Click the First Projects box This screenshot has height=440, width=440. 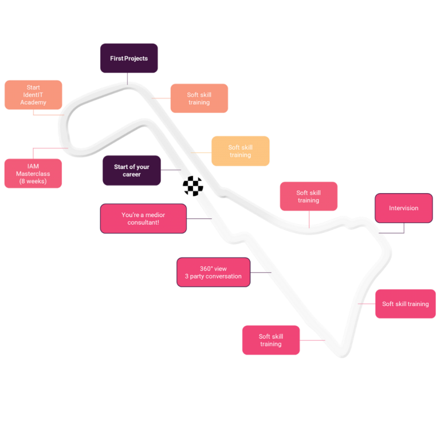tap(129, 58)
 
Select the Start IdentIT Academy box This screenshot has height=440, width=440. tap(33, 95)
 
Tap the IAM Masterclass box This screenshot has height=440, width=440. tap(33, 173)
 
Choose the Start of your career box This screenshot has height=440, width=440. tap(131, 170)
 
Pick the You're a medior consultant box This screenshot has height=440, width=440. tap(143, 218)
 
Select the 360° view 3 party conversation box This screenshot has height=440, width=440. tap(213, 272)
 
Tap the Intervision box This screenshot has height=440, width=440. tap(403, 208)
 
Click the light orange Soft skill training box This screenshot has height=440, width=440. tap(241, 151)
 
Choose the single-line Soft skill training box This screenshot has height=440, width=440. tap(405, 304)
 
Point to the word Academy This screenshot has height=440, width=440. tap(33, 103)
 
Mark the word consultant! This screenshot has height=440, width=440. tap(143, 222)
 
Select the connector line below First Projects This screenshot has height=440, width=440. tap(128, 78)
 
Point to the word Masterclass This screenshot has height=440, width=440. tap(33, 174)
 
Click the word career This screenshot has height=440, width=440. tap(131, 175)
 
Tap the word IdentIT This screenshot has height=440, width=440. tap(33, 95)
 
